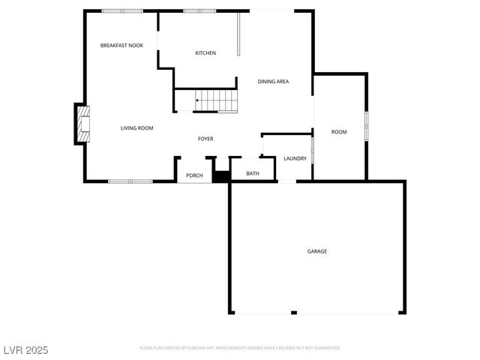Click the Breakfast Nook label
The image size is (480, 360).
[x=121, y=46]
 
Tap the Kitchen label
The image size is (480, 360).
[x=205, y=53]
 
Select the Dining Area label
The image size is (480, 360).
[x=273, y=82]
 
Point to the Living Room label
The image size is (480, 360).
[x=136, y=128]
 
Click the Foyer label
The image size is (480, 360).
[x=205, y=139]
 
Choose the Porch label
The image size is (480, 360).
[x=194, y=175]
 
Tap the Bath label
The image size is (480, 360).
[x=253, y=174]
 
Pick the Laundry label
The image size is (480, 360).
[x=295, y=158]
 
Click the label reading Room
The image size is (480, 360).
[x=339, y=132]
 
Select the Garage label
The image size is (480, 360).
[x=316, y=251]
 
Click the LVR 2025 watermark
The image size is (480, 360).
[x=25, y=349]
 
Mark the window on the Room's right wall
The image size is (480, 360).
[x=366, y=127]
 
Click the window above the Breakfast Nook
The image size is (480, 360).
[x=121, y=10]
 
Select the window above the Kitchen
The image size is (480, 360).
[x=199, y=10]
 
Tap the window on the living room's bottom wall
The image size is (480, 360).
[x=130, y=181]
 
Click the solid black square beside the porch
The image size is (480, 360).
[x=220, y=177]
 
